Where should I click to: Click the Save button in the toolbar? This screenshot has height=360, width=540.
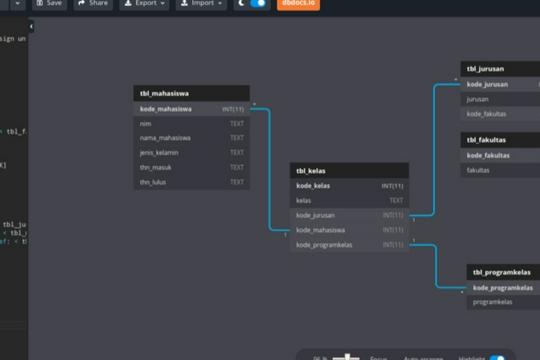click(49, 4)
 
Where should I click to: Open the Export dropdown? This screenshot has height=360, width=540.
click(145, 4)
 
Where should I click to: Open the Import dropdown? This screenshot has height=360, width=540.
click(202, 4)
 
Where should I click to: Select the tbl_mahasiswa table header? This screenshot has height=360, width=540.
click(191, 93)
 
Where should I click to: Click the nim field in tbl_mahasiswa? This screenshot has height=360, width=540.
click(191, 123)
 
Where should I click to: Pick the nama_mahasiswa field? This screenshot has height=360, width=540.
click(191, 138)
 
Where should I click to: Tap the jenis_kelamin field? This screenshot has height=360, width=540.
click(191, 153)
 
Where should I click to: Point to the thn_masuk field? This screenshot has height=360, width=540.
click(191, 168)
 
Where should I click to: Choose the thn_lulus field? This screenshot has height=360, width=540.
click(191, 183)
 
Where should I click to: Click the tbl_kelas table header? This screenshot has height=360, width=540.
click(349, 171)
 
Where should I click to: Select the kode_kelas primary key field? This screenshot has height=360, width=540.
click(349, 186)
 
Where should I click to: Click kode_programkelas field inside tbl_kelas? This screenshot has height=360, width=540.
click(349, 245)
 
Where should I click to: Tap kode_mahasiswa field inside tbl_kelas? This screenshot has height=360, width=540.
click(349, 230)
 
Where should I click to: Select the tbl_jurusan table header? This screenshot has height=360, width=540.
click(500, 69)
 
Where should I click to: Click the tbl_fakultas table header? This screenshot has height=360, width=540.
click(500, 140)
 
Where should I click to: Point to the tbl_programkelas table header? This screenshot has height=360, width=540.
click(503, 273)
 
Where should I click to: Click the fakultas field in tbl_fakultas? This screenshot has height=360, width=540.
click(500, 170)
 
